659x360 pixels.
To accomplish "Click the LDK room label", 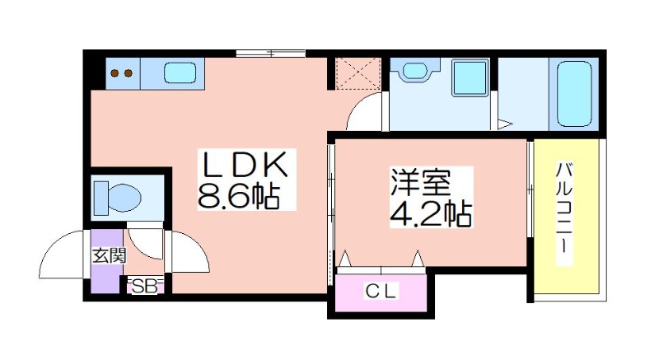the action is point(245,164).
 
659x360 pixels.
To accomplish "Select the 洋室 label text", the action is point(421,183).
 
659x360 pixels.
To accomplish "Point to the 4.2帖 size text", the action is point(430,213).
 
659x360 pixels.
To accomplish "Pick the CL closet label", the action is point(381,291).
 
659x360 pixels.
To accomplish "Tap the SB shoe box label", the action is point(145,287).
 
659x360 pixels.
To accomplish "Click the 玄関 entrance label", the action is point(110,255).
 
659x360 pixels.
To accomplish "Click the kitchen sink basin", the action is point(180,73).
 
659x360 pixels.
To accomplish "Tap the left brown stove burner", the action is point(115,73).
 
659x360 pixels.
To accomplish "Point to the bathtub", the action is point(574,94).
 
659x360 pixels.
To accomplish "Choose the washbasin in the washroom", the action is point(415,70).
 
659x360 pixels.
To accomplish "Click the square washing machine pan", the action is point(470,77).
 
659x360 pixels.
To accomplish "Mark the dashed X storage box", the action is point(358,74).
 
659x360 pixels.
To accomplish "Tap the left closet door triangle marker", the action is point(345,258).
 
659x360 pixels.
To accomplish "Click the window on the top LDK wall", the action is point(270,54).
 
